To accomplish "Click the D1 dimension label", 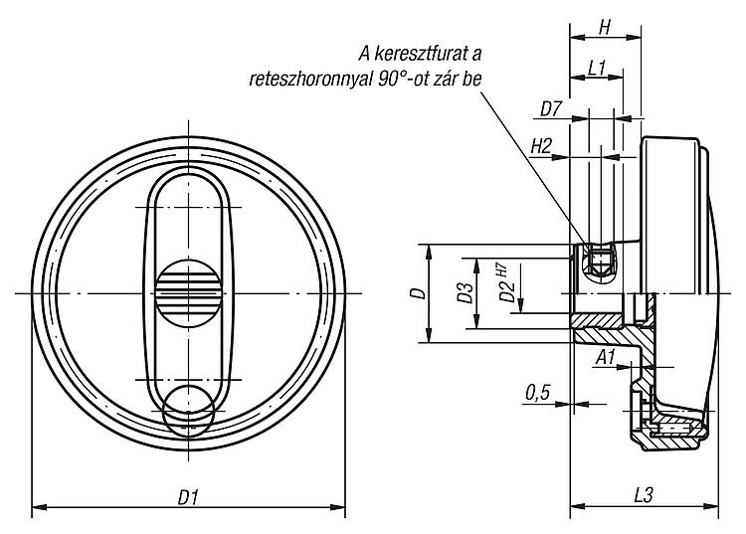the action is [x=188, y=497].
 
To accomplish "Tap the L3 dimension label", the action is [x=644, y=496].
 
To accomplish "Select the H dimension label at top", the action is [x=604, y=28].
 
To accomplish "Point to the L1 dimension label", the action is [x=596, y=68].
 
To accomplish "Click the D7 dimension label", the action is [x=551, y=109].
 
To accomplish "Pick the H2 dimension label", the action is [x=541, y=147].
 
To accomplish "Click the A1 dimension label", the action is [x=606, y=357].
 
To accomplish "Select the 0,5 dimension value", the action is [x=537, y=393].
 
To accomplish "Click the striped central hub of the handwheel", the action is [x=188, y=293].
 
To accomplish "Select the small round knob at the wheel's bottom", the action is [x=189, y=411].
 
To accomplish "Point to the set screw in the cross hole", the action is [x=600, y=263].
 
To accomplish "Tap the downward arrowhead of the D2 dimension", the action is [x=521, y=305].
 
